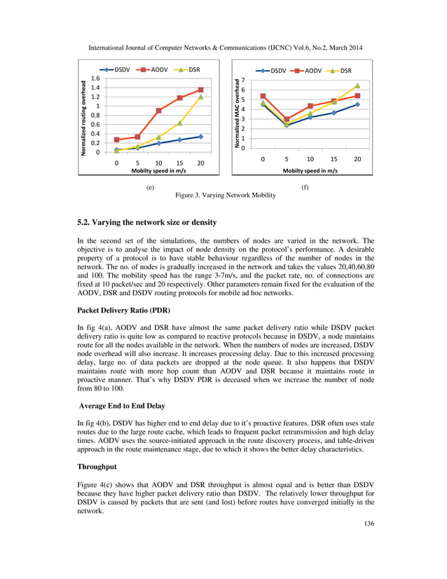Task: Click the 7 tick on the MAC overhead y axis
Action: point(242,80)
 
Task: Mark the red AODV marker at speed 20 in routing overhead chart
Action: point(200,90)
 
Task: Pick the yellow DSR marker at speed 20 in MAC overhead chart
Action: point(357,86)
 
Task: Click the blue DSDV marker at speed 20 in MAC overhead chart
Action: point(357,104)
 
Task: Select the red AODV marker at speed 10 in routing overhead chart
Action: point(159,111)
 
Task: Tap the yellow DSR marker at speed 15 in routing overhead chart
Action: point(180,123)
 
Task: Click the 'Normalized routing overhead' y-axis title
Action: point(84,115)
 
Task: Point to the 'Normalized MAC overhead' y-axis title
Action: point(237,115)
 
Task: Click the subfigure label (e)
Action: point(150,188)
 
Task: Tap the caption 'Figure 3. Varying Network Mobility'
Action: point(225,195)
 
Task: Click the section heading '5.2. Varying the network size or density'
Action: point(146,222)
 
